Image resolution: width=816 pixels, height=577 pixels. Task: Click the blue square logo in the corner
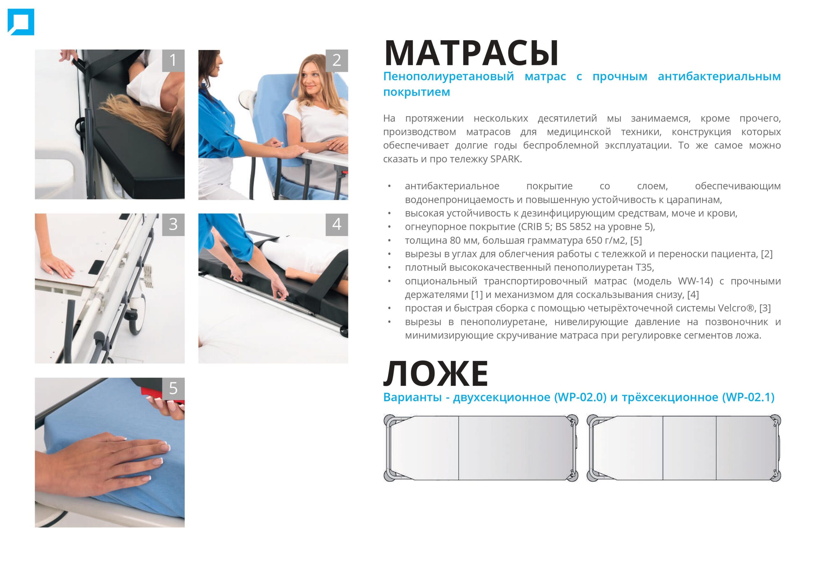pos(21,22)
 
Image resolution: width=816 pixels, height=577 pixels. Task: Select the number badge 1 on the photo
pos(173,61)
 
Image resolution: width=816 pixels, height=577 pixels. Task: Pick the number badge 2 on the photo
pos(337,61)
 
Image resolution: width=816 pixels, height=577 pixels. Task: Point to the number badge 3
pos(173,225)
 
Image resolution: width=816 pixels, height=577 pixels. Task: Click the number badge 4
pos(337,225)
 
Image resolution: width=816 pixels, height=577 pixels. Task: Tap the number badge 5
pos(173,389)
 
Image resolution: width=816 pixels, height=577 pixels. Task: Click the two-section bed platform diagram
pos(481,448)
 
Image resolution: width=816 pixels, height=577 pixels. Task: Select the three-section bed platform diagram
pos(684,448)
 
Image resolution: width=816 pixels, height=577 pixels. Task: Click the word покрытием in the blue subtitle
pos(417,92)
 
